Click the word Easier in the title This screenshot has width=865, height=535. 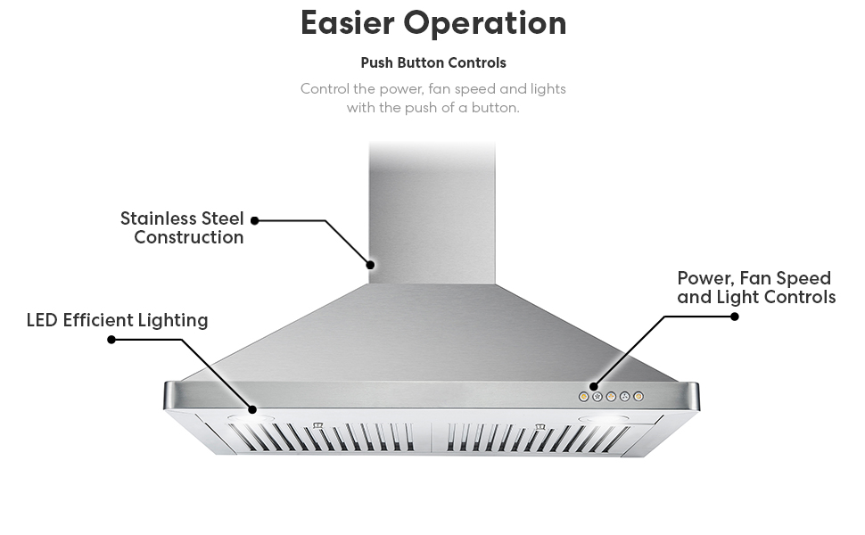pyautogui.click(x=349, y=23)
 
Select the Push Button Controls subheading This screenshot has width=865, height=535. pyautogui.click(x=432, y=63)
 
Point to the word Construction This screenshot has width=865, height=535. pyautogui.click(x=188, y=238)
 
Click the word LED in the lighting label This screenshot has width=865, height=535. pyautogui.click(x=42, y=320)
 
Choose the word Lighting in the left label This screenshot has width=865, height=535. pyautogui.click(x=173, y=321)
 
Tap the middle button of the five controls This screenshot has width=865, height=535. pyautogui.click(x=611, y=396)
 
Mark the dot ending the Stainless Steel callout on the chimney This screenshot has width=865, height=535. pyautogui.click(x=371, y=265)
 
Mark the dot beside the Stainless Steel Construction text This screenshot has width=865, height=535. pyautogui.click(x=254, y=219)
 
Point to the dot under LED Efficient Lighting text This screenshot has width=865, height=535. pyautogui.click(x=111, y=340)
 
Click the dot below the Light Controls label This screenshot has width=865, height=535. pyautogui.click(x=734, y=316)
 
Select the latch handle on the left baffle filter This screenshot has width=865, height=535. pyautogui.click(x=318, y=425)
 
